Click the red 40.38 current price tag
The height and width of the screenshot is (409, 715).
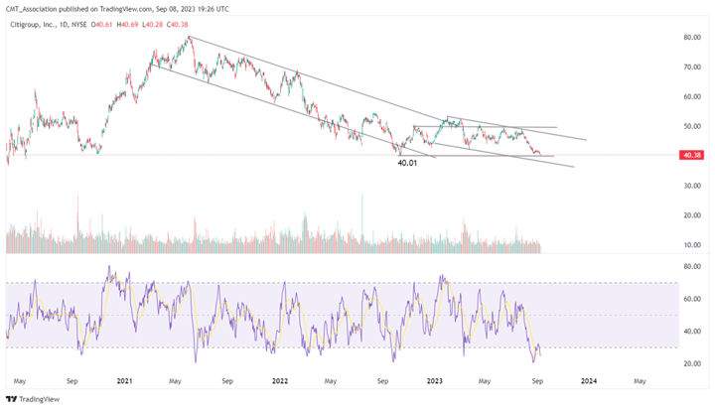[x=691, y=155]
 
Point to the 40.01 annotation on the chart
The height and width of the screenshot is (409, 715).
[x=409, y=163]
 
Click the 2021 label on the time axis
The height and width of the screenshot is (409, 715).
[x=125, y=380]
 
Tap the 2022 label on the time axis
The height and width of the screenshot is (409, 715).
[x=279, y=380]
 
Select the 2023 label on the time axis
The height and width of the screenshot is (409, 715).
[x=433, y=380]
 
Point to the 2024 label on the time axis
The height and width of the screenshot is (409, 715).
[x=588, y=380]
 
